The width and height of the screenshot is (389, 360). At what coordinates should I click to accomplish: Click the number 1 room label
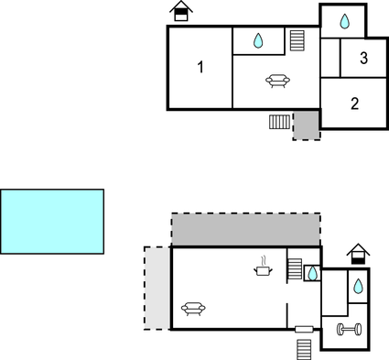(x=200, y=67)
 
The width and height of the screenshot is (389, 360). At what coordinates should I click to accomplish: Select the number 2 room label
(x=354, y=104)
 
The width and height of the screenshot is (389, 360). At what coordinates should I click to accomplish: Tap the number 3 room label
(x=363, y=59)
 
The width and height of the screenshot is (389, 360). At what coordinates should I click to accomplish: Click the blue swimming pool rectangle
(x=52, y=221)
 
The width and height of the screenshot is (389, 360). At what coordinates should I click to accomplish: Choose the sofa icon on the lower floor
(x=193, y=309)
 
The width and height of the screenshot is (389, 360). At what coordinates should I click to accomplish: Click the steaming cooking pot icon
(x=264, y=267)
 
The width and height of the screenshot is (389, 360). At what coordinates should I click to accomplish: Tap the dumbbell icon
(x=349, y=329)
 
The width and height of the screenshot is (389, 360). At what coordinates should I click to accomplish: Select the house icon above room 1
(x=182, y=11)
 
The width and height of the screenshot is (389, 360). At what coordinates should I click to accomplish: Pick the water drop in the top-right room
(x=344, y=21)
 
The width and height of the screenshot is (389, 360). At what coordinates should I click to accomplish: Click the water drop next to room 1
(x=258, y=40)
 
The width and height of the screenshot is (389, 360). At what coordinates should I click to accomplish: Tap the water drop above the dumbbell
(x=358, y=286)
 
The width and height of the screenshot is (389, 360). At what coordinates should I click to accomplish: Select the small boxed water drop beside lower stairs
(x=312, y=273)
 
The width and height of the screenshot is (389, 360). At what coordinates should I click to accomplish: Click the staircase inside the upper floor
(x=297, y=40)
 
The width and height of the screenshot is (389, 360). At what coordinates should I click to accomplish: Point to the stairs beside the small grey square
(x=280, y=121)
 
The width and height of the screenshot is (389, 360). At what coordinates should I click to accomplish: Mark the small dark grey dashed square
(x=307, y=125)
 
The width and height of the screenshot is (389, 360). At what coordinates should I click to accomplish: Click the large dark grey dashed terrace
(x=245, y=229)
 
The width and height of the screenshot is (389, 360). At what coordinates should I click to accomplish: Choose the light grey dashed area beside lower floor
(x=157, y=288)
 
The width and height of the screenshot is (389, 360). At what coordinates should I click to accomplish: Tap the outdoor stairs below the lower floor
(x=305, y=350)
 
